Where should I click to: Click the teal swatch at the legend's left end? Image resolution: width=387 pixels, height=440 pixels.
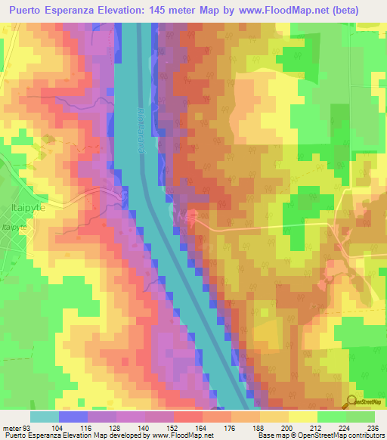[x=44, y=417]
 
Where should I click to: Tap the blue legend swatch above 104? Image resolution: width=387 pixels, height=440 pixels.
[x=73, y=417]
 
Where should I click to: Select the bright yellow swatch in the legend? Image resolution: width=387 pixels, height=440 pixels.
[x=302, y=417]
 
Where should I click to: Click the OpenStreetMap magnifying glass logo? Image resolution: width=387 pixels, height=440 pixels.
[x=352, y=401]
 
